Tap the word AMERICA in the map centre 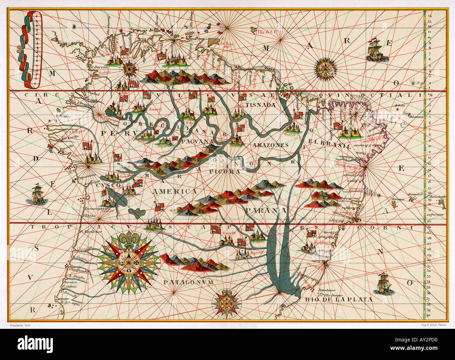[175, 192]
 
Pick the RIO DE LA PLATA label [338, 300]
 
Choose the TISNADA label [261, 105]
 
